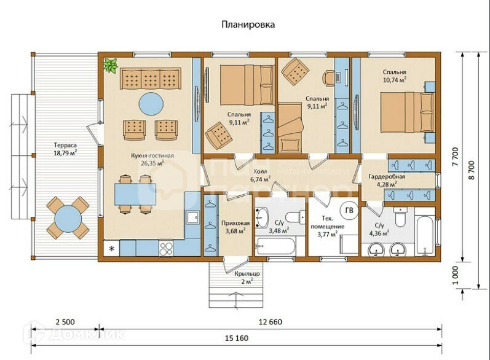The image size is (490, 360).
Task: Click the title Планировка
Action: click(x=248, y=25)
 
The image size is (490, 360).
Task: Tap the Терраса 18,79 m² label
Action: click(x=65, y=149)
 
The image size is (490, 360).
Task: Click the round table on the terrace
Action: click(x=68, y=218)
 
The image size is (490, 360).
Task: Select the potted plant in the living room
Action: click(x=110, y=65)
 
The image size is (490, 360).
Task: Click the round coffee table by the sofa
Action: click(x=151, y=104)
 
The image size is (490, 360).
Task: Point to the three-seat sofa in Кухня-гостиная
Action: click(x=150, y=79)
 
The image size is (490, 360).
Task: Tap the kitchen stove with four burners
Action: click(x=166, y=248)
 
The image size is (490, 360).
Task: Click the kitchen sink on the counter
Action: click(x=192, y=217)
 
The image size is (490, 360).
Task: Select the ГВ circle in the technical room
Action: click(x=349, y=211)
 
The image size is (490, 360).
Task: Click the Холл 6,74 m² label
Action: click(x=260, y=176)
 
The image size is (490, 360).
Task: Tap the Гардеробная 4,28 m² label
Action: click(x=387, y=181)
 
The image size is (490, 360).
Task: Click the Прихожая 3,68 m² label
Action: click(x=235, y=227)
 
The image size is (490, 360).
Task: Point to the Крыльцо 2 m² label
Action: click(x=247, y=278)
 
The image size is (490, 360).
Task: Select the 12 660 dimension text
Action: click(x=271, y=322)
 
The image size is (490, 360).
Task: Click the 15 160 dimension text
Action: click(x=237, y=338)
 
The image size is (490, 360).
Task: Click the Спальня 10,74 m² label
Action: click(x=394, y=76)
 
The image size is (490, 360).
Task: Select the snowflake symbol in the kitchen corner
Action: click(x=111, y=249)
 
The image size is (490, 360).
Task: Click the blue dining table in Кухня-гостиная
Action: click(x=135, y=194)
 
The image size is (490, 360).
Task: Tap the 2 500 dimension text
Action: click(x=65, y=322)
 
